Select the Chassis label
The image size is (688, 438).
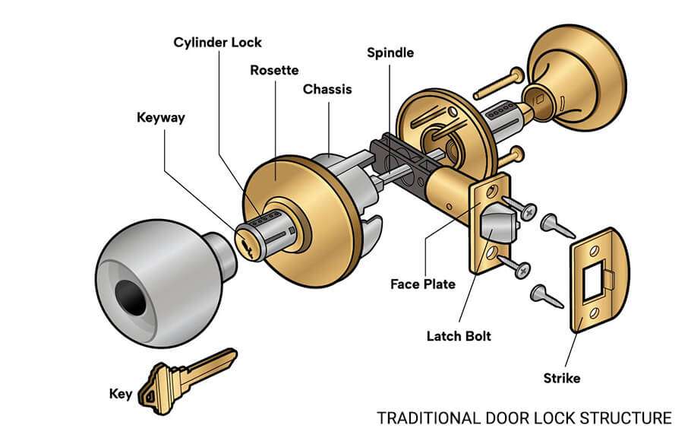point(327,89)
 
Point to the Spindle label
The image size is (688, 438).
point(390,52)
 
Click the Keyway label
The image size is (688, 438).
point(160,118)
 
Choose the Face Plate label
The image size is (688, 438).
point(423,284)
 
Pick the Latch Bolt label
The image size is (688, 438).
point(459,335)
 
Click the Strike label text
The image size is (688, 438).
point(562,378)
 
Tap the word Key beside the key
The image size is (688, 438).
point(121,394)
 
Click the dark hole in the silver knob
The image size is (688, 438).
point(130,297)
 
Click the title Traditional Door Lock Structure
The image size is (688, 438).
point(524,417)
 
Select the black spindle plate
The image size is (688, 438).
point(395,156)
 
